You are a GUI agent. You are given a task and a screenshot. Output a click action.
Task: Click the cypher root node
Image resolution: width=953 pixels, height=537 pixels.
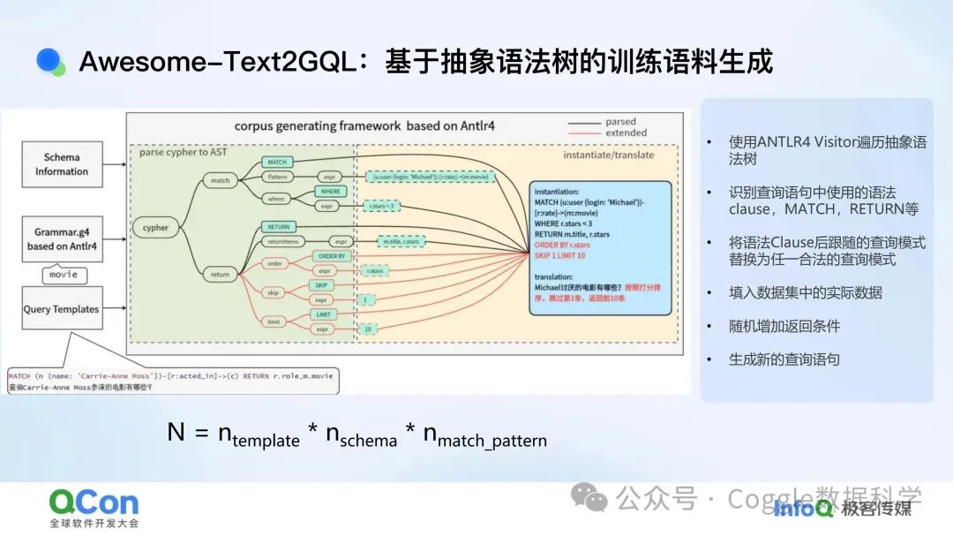[155, 228]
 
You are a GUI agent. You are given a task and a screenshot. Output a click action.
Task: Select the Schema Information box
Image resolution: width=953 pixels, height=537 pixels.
[62, 164]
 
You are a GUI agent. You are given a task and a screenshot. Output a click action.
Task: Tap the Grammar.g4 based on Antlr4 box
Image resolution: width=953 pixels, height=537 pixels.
[62, 239]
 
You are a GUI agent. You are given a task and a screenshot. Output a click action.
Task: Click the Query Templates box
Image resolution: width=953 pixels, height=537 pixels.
[62, 309]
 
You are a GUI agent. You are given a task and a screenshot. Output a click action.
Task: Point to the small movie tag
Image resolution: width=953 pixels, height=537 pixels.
[64, 275]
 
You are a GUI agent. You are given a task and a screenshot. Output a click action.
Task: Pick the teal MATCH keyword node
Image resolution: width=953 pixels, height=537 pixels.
[277, 163]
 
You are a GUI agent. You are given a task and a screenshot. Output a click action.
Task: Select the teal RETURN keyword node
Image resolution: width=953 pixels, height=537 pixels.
[277, 227]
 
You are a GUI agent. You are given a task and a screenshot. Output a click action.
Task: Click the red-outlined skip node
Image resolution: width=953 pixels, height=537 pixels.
[274, 291]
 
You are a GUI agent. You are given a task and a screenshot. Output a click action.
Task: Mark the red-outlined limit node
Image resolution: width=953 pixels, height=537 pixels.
[274, 322]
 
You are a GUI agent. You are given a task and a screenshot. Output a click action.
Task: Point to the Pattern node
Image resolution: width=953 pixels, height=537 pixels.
[277, 177]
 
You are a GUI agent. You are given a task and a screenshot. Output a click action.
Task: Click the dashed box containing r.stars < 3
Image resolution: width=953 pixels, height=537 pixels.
[379, 207]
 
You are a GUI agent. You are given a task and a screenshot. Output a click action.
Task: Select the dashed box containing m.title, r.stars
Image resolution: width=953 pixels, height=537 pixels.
[401, 241]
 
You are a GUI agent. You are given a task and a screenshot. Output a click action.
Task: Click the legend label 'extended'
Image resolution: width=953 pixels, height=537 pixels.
[626, 133]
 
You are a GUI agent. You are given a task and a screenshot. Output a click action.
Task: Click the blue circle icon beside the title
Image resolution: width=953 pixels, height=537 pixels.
[50, 61]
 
